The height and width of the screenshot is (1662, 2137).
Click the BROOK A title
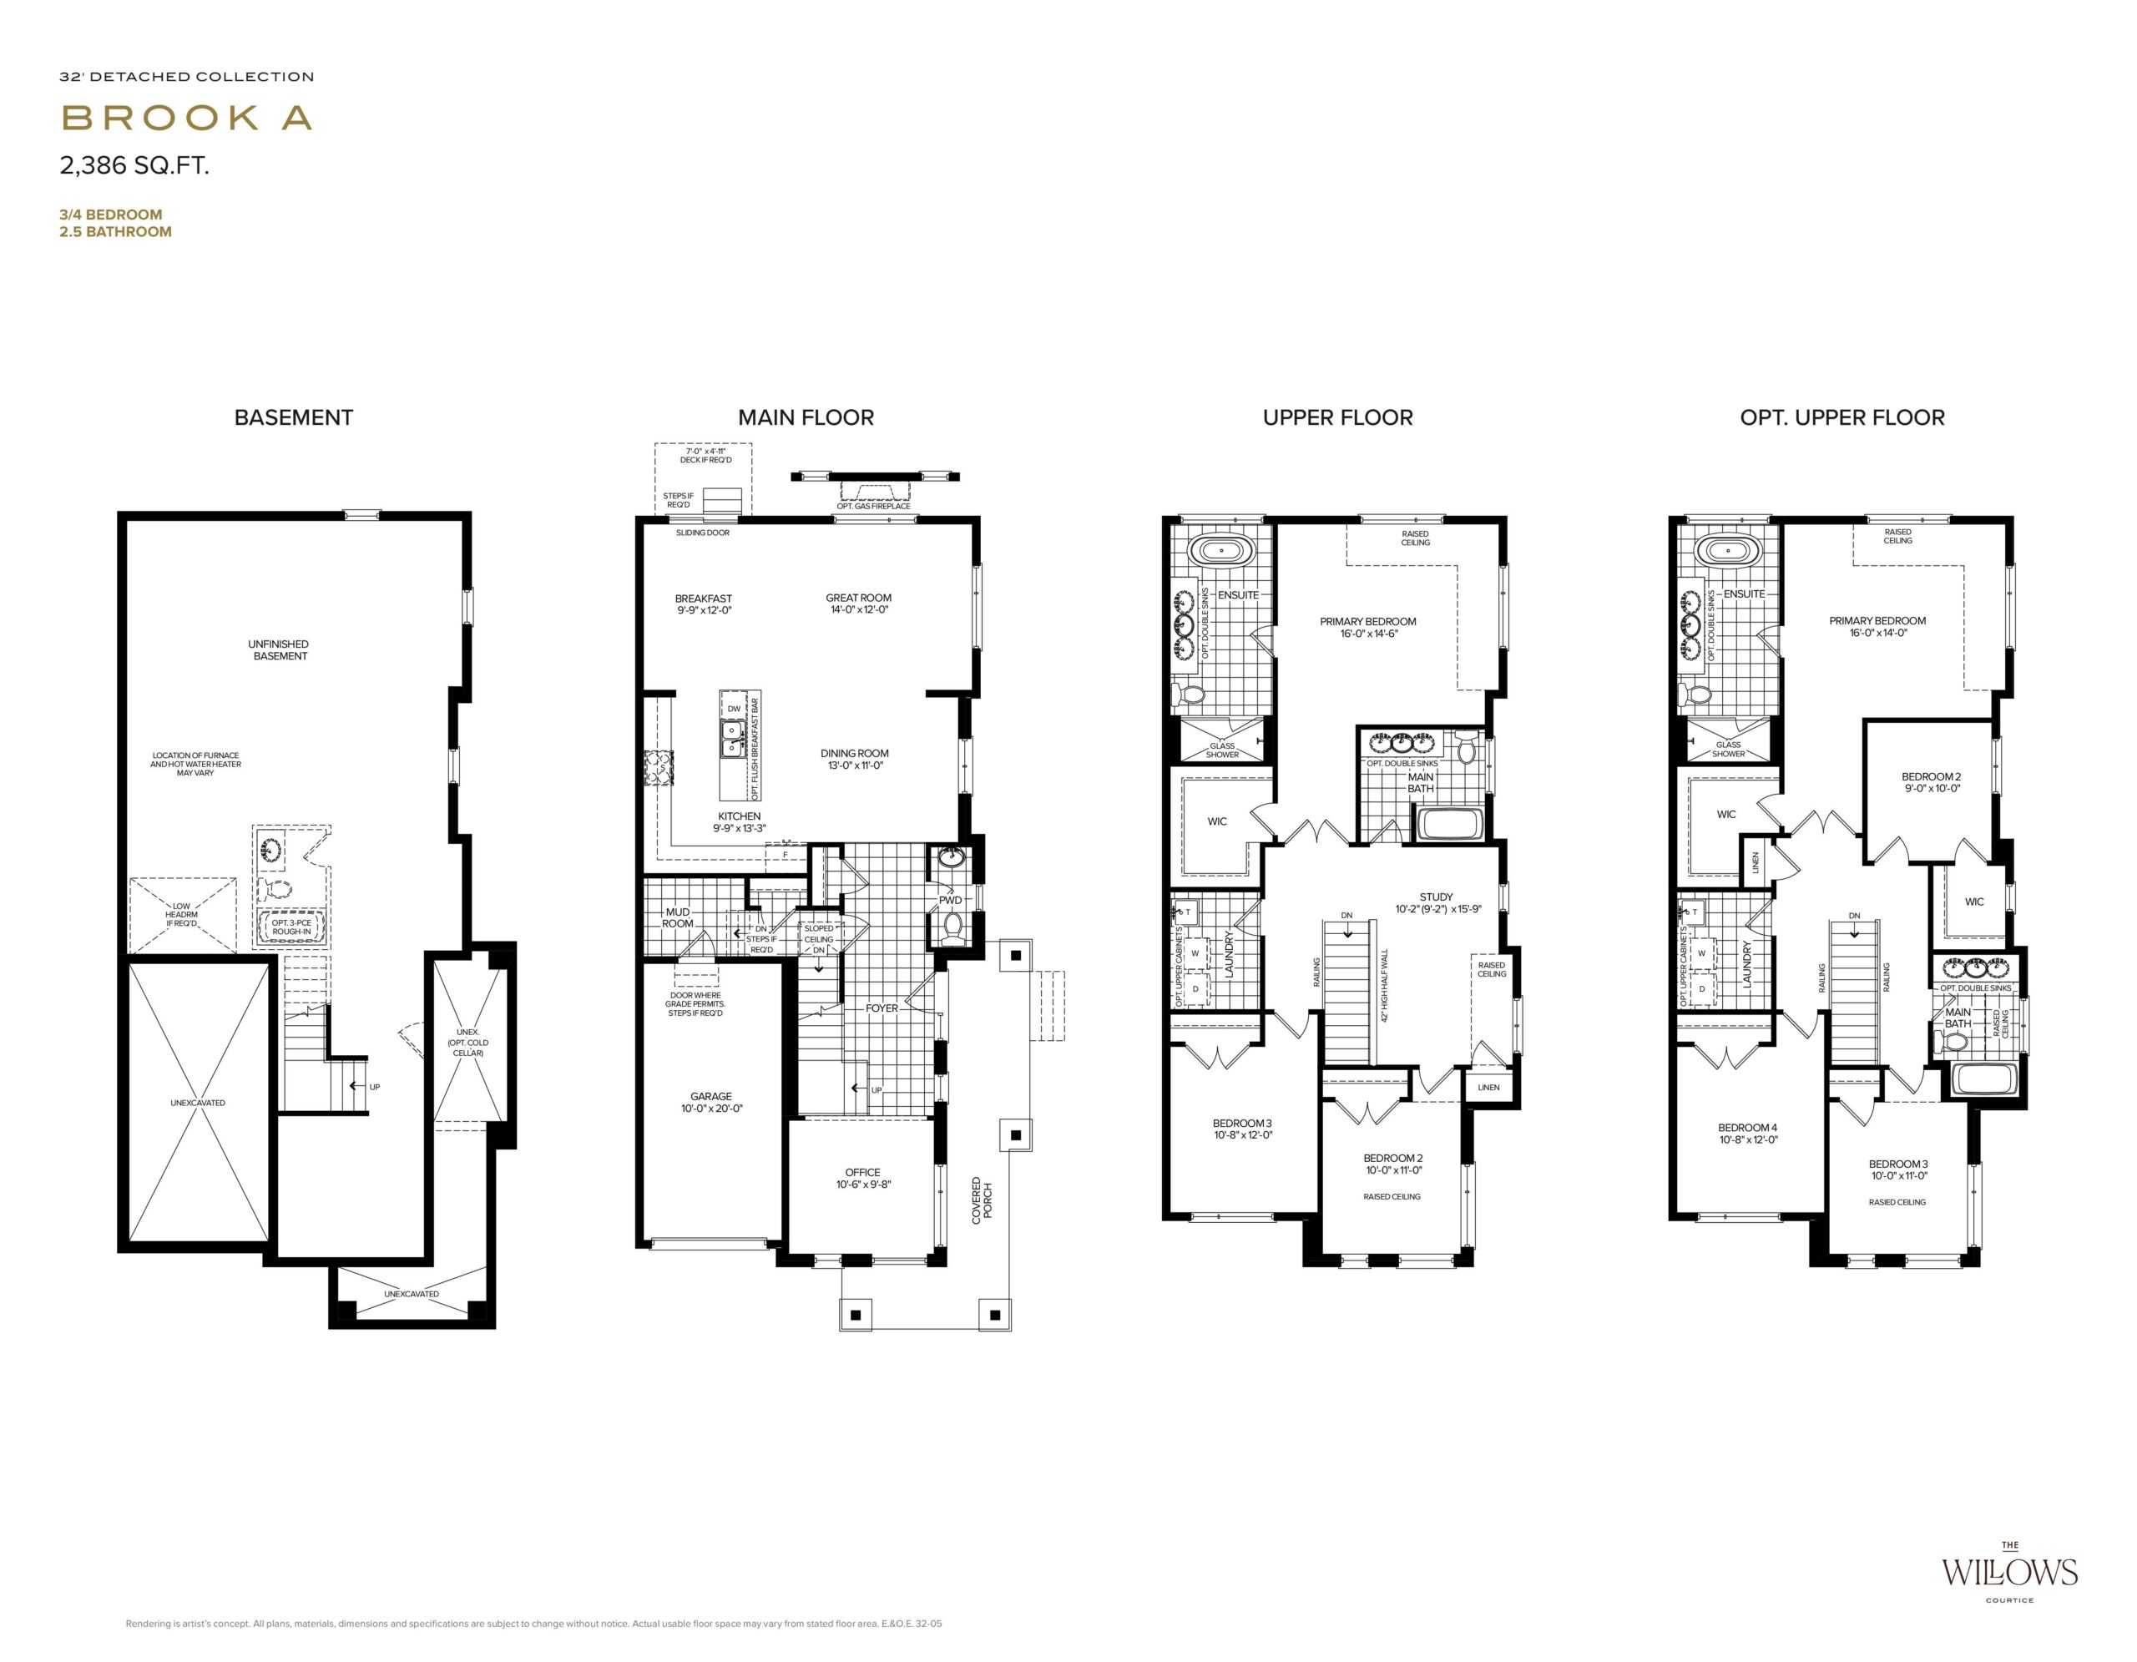(187, 118)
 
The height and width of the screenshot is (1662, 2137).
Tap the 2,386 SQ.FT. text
(135, 165)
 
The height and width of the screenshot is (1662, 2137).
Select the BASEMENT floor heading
(294, 417)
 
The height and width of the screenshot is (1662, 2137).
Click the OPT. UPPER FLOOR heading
(1841, 417)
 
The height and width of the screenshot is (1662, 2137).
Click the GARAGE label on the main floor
(711, 1103)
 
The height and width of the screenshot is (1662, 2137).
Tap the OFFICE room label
(863, 1178)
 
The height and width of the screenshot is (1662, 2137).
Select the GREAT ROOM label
(858, 604)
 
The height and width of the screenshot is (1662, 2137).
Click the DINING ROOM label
(854, 759)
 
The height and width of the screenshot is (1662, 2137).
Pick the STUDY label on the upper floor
(1437, 902)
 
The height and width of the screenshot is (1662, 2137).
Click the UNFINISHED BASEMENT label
(279, 649)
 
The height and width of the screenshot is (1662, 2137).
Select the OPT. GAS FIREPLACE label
(874, 506)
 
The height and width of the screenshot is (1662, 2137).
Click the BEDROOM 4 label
(1747, 1134)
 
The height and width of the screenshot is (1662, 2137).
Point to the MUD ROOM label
(677, 917)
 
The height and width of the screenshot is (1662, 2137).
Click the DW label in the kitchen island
(734, 708)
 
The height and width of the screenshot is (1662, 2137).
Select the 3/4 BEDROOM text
(110, 215)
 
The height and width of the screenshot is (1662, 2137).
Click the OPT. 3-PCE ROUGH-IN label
(291, 927)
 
